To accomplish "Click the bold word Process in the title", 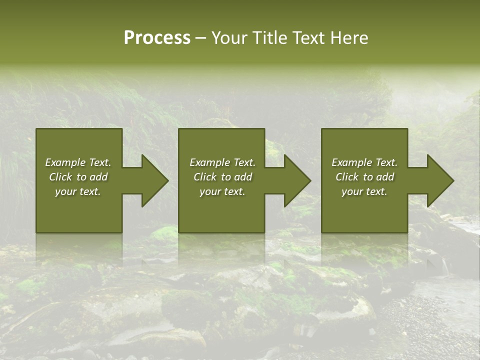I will (x=157, y=38).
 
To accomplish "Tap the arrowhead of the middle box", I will (x=296, y=180).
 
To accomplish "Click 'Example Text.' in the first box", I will (x=78, y=162).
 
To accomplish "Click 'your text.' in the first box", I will (x=78, y=191).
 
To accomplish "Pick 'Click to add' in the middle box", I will (x=222, y=177).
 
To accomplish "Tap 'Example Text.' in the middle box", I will (x=222, y=162).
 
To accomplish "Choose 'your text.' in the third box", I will (x=364, y=191).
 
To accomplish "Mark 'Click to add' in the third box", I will (x=364, y=177).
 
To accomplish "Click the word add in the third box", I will (x=385, y=177).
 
